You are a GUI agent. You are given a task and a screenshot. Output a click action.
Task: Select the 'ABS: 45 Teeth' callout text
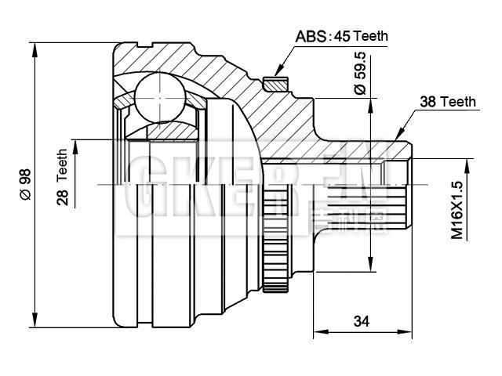tap(341, 36)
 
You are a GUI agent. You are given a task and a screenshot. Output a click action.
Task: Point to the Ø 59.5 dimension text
tap(361, 74)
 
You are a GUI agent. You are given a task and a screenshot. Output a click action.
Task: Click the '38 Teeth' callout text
tap(448, 102)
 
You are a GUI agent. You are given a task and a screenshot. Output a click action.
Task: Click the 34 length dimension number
tap(362, 320)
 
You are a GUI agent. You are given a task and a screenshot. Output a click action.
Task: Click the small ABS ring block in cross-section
tap(275, 82)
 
